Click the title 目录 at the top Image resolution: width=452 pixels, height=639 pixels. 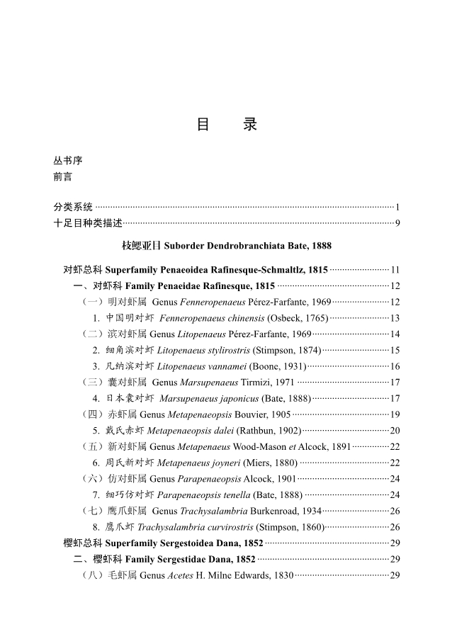(x=226, y=125)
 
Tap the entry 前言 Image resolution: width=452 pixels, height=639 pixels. (x=63, y=176)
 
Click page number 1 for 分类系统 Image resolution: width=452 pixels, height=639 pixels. (x=397, y=208)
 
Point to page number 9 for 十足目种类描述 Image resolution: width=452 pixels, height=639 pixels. (x=398, y=224)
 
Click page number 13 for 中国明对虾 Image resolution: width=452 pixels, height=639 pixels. (x=395, y=318)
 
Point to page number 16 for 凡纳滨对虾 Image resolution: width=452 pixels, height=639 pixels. (x=395, y=366)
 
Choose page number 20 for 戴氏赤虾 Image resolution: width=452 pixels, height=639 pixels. (x=395, y=430)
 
